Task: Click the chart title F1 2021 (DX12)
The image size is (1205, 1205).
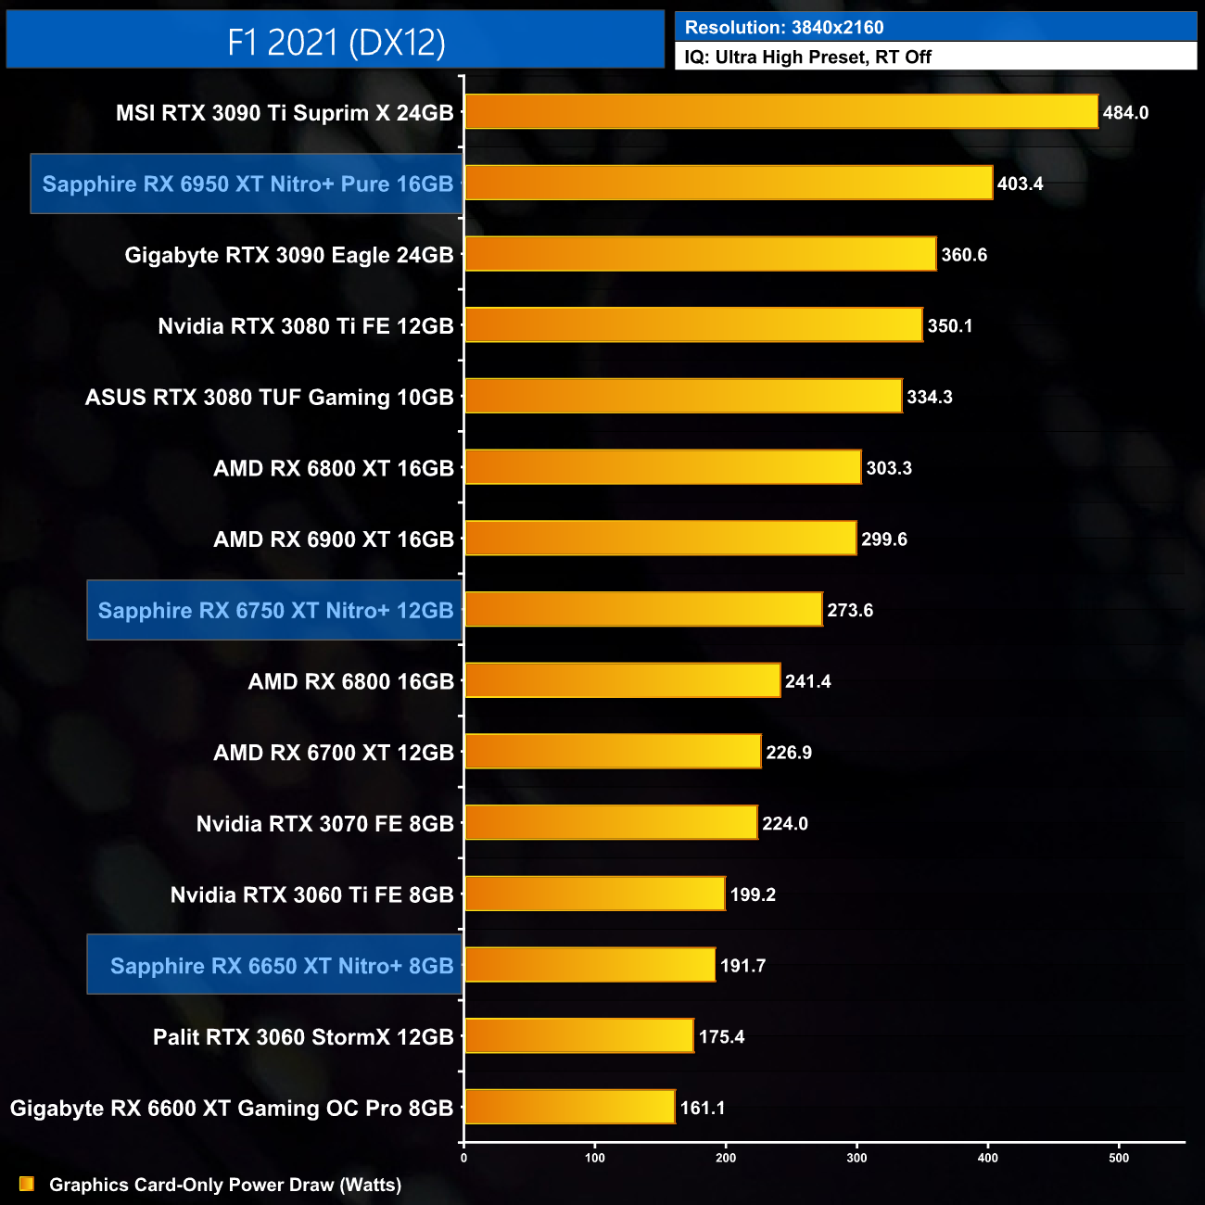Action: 336,42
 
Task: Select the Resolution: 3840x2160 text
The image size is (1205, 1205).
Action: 784,27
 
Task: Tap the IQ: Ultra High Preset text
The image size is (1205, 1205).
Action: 807,57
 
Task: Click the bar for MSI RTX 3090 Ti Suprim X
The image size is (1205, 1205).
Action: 780,112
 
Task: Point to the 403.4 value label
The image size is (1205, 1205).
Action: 1020,184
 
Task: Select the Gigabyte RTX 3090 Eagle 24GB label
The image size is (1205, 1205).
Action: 289,255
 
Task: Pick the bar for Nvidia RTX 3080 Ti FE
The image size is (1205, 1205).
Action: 693,325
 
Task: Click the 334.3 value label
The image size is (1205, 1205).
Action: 929,397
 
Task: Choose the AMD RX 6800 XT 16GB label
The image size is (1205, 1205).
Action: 334,468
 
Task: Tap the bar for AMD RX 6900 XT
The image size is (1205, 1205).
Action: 660,539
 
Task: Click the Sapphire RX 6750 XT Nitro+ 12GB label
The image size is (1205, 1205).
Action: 275,610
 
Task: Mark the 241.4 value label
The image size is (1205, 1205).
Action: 807,681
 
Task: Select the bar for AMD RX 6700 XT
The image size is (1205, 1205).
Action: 613,752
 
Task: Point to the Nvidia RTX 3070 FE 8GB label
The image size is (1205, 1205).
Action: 324,823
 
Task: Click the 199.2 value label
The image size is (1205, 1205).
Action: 753,894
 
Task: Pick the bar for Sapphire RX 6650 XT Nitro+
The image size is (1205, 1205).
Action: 590,965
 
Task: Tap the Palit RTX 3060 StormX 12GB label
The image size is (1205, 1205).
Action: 303,1036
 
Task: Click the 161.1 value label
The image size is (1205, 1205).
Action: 703,1108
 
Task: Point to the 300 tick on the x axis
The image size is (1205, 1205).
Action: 857,1158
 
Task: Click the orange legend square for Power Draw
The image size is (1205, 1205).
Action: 27,1184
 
